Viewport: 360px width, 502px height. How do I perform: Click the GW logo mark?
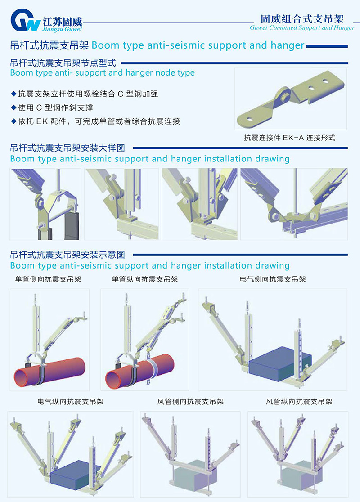pyautogui.click(x=26, y=20)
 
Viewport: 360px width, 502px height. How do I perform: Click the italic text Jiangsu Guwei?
pyautogui.click(x=62, y=29)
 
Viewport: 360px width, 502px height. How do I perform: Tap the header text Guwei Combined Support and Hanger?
pyautogui.click(x=302, y=27)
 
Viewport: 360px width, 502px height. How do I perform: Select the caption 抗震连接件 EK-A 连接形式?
pyautogui.click(x=289, y=138)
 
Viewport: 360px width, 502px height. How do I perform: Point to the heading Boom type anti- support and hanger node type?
pyautogui.click(x=103, y=73)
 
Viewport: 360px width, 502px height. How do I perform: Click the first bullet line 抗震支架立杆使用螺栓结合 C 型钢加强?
pyautogui.click(x=85, y=94)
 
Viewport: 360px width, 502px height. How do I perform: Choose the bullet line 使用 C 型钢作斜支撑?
pyautogui.click(x=52, y=108)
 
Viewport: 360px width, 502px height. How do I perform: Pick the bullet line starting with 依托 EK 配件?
pyautogui.click(x=96, y=121)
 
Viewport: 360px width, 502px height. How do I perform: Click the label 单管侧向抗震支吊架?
pyautogui.click(x=48, y=279)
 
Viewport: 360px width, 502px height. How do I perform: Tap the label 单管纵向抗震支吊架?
pyautogui.click(x=145, y=279)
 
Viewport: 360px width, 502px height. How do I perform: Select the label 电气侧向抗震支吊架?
pyautogui.click(x=273, y=279)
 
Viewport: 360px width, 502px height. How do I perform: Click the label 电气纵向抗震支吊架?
pyautogui.click(x=71, y=402)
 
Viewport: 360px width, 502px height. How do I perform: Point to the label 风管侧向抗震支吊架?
pyautogui.click(x=190, y=402)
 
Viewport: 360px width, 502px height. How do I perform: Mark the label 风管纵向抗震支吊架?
pyautogui.click(x=299, y=402)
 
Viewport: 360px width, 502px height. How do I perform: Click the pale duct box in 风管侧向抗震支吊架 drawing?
pyautogui.click(x=193, y=472)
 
